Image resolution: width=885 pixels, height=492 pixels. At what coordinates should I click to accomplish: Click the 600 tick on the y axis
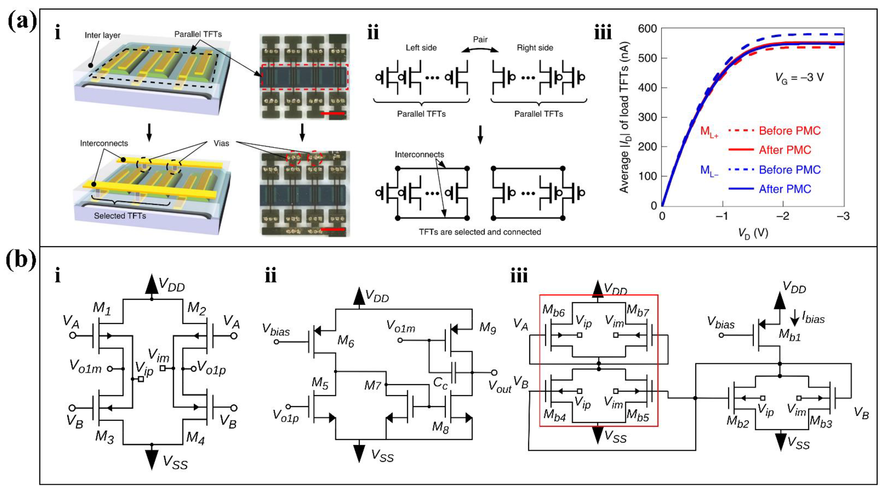pos(647,29)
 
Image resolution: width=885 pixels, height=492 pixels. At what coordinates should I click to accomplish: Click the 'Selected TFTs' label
pos(120,216)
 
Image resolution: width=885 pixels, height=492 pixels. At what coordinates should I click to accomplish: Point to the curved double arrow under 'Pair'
pos(480,50)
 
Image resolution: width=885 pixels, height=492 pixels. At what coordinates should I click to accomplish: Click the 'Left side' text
pos(421,48)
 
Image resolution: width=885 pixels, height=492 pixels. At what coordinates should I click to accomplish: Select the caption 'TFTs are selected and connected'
pos(480,232)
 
